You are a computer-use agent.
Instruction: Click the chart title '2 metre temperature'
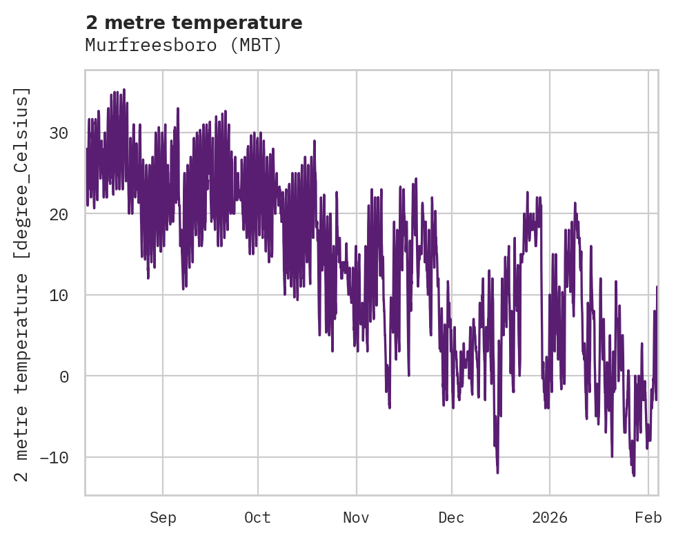point(194,23)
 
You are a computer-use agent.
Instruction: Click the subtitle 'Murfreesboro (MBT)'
point(183,46)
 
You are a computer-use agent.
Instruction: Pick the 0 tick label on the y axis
point(65,376)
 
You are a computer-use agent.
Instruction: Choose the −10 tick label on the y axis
point(55,457)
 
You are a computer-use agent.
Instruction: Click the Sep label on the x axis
point(163,518)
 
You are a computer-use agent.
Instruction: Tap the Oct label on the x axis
point(257,518)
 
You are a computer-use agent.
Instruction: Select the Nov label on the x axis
point(357,518)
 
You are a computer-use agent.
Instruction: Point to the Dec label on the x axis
point(451,518)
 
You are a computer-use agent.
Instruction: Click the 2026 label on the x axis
point(550,518)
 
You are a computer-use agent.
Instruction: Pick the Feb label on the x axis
point(648,518)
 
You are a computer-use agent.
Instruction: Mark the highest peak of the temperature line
point(123,89)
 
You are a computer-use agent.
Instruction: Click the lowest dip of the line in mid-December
point(497,472)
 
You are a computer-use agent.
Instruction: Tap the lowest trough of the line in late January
point(633,476)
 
